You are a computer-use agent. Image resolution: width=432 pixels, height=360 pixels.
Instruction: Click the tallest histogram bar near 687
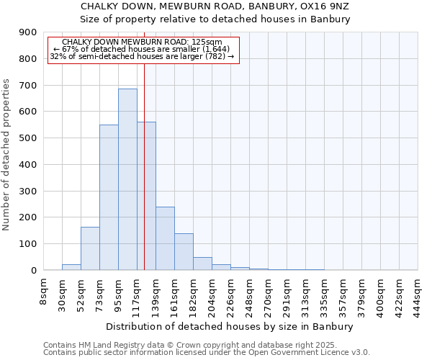pyautogui.click(x=127, y=179)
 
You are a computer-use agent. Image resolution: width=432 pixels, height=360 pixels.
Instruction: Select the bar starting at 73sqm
pyautogui.click(x=109, y=197)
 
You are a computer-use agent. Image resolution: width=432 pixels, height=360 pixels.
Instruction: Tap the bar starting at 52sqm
pyautogui.click(x=90, y=248)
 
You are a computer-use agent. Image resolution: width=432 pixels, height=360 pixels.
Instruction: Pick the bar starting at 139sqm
pyautogui.click(x=165, y=238)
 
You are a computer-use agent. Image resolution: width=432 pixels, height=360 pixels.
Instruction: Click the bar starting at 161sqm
pyautogui.click(x=184, y=252)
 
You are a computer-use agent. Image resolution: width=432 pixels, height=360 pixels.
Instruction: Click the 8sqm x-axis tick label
pyautogui.click(x=44, y=292)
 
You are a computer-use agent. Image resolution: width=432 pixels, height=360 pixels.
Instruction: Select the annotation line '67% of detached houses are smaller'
pyautogui.click(x=141, y=49)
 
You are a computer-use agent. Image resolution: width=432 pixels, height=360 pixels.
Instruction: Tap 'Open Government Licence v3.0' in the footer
pyautogui.click(x=308, y=352)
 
